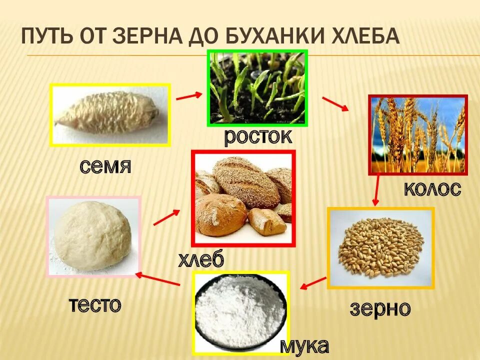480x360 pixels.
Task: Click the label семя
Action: tap(105, 166)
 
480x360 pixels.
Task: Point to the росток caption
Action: tap(257, 136)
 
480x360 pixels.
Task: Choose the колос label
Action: tap(432, 189)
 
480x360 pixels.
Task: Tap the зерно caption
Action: tap(380, 308)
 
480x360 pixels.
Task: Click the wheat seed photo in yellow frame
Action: tap(110, 115)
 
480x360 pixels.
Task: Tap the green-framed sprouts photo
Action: tap(257, 88)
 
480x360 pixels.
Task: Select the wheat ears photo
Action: tap(418, 134)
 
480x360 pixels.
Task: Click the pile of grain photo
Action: tap(380, 248)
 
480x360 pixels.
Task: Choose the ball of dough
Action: tap(93, 236)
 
